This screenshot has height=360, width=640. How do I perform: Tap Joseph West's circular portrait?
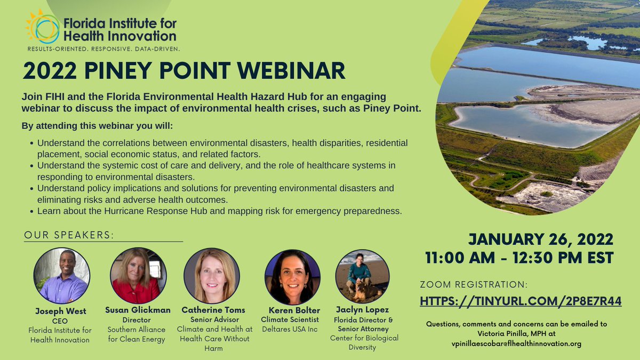pyautogui.click(x=62, y=275)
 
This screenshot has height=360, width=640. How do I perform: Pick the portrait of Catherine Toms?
pyautogui.click(x=212, y=275)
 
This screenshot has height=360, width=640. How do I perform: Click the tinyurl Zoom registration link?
pyautogui.click(x=521, y=301)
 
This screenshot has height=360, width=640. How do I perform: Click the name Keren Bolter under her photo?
pyautogui.click(x=291, y=310)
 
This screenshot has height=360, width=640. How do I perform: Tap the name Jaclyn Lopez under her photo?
pyautogui.click(x=364, y=309)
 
